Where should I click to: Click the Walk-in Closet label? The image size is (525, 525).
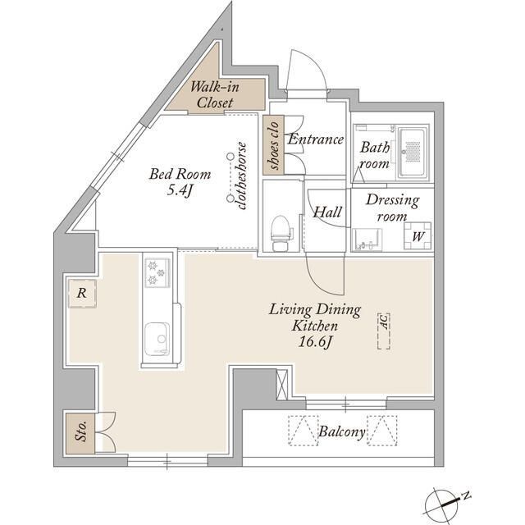[215, 95]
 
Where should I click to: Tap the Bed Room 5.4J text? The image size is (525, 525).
[180, 182]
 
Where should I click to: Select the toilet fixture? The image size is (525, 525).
[281, 233]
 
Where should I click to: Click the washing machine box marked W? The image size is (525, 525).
[418, 235]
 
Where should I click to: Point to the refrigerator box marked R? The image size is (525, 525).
[82, 294]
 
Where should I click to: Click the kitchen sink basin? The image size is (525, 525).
[157, 338]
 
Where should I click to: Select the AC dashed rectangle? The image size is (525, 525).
[384, 331]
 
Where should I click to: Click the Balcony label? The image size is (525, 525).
[341, 431]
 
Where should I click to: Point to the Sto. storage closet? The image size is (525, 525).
[80, 433]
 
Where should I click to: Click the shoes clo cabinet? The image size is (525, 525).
[273, 145]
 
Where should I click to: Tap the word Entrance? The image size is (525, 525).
[315, 139]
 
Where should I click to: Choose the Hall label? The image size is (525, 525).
[327, 212]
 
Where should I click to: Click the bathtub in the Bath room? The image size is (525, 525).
[413, 153]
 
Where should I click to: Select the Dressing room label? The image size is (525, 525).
[392, 208]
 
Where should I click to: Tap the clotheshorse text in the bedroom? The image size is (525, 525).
[242, 176]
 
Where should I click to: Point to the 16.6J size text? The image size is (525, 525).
[315, 342]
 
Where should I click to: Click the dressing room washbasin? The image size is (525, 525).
[367, 239]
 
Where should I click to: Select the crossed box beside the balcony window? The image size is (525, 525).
[282, 385]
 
